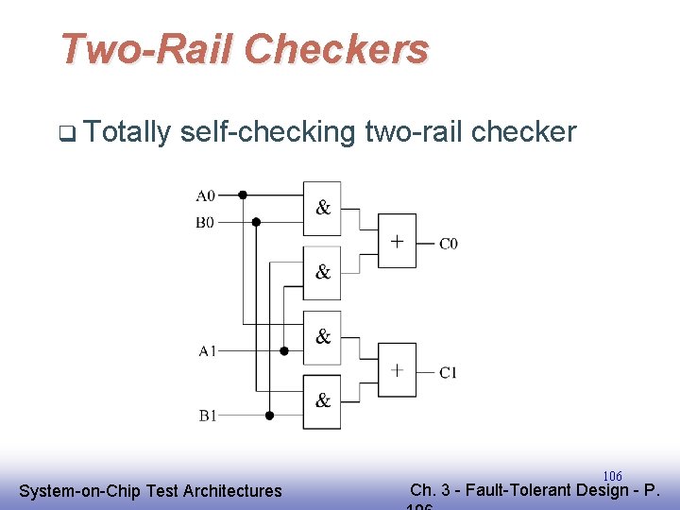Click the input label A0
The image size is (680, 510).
[205, 195]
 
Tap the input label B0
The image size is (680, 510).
[205, 223]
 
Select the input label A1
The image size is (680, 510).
[207, 350]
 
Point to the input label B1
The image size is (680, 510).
[207, 415]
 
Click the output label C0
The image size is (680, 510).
[449, 244]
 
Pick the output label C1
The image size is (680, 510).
[449, 372]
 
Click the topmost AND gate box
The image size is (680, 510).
[322, 209]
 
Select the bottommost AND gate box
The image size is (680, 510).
[322, 401]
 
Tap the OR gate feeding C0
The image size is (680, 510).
[397, 241]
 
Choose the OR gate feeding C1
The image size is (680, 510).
[397, 369]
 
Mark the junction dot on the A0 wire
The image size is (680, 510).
[242, 195]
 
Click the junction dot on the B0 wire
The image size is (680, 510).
[256, 222]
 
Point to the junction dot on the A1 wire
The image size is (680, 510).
[284, 350]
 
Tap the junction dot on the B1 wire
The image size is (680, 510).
[269, 415]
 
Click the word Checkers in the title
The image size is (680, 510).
[337, 49]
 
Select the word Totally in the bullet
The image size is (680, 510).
[127, 132]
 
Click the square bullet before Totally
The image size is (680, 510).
[65, 134]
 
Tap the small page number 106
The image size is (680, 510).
[612, 476]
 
